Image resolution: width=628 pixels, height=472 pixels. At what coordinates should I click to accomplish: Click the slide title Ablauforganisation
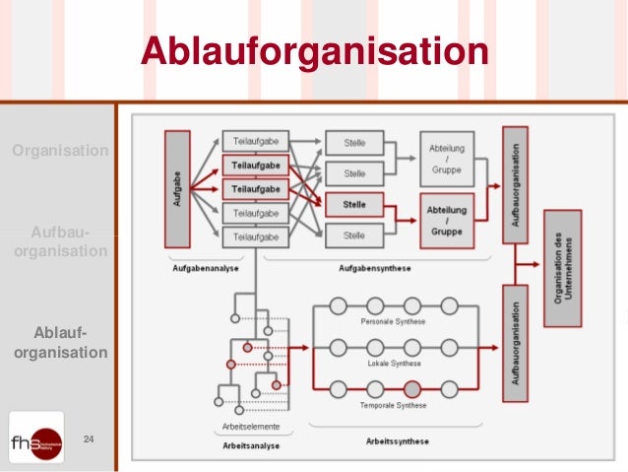click(x=314, y=51)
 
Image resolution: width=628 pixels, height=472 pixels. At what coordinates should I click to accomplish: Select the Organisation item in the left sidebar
click(x=59, y=151)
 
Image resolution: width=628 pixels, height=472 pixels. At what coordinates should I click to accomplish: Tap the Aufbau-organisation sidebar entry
click(x=59, y=241)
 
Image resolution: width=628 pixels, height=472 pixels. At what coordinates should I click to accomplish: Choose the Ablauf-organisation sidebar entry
click(x=59, y=342)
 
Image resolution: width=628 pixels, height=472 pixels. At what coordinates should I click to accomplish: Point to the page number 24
click(x=89, y=438)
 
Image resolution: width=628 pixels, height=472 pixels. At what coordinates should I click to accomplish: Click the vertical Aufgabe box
click(x=177, y=188)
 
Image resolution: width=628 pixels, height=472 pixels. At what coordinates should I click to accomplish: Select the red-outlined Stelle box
click(x=354, y=205)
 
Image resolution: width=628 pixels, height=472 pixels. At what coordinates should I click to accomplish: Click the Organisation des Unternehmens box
click(x=557, y=267)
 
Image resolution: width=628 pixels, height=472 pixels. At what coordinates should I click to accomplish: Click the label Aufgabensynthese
click(x=374, y=268)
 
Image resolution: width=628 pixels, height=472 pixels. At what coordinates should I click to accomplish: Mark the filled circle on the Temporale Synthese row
click(x=411, y=388)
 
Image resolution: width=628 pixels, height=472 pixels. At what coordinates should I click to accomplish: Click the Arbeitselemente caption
click(x=251, y=427)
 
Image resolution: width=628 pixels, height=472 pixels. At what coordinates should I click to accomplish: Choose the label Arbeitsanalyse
click(x=251, y=445)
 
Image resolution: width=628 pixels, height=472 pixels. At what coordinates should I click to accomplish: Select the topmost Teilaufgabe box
click(x=255, y=143)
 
